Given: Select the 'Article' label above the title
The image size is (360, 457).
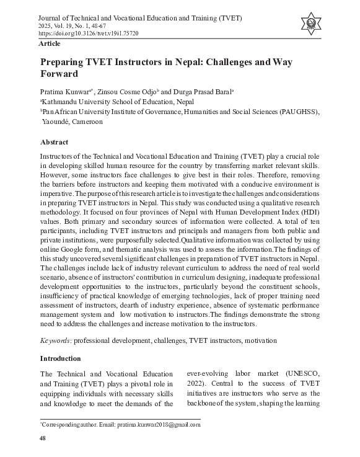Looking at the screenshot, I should [49, 43].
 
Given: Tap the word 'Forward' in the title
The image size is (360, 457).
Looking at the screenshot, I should [59, 74].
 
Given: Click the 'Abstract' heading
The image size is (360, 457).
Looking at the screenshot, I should [53, 141].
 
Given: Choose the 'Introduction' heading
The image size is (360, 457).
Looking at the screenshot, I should [60, 358].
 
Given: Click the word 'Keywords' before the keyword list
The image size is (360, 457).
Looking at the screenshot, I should [55, 340].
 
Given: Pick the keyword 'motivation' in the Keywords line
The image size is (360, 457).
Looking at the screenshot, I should [260, 340].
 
